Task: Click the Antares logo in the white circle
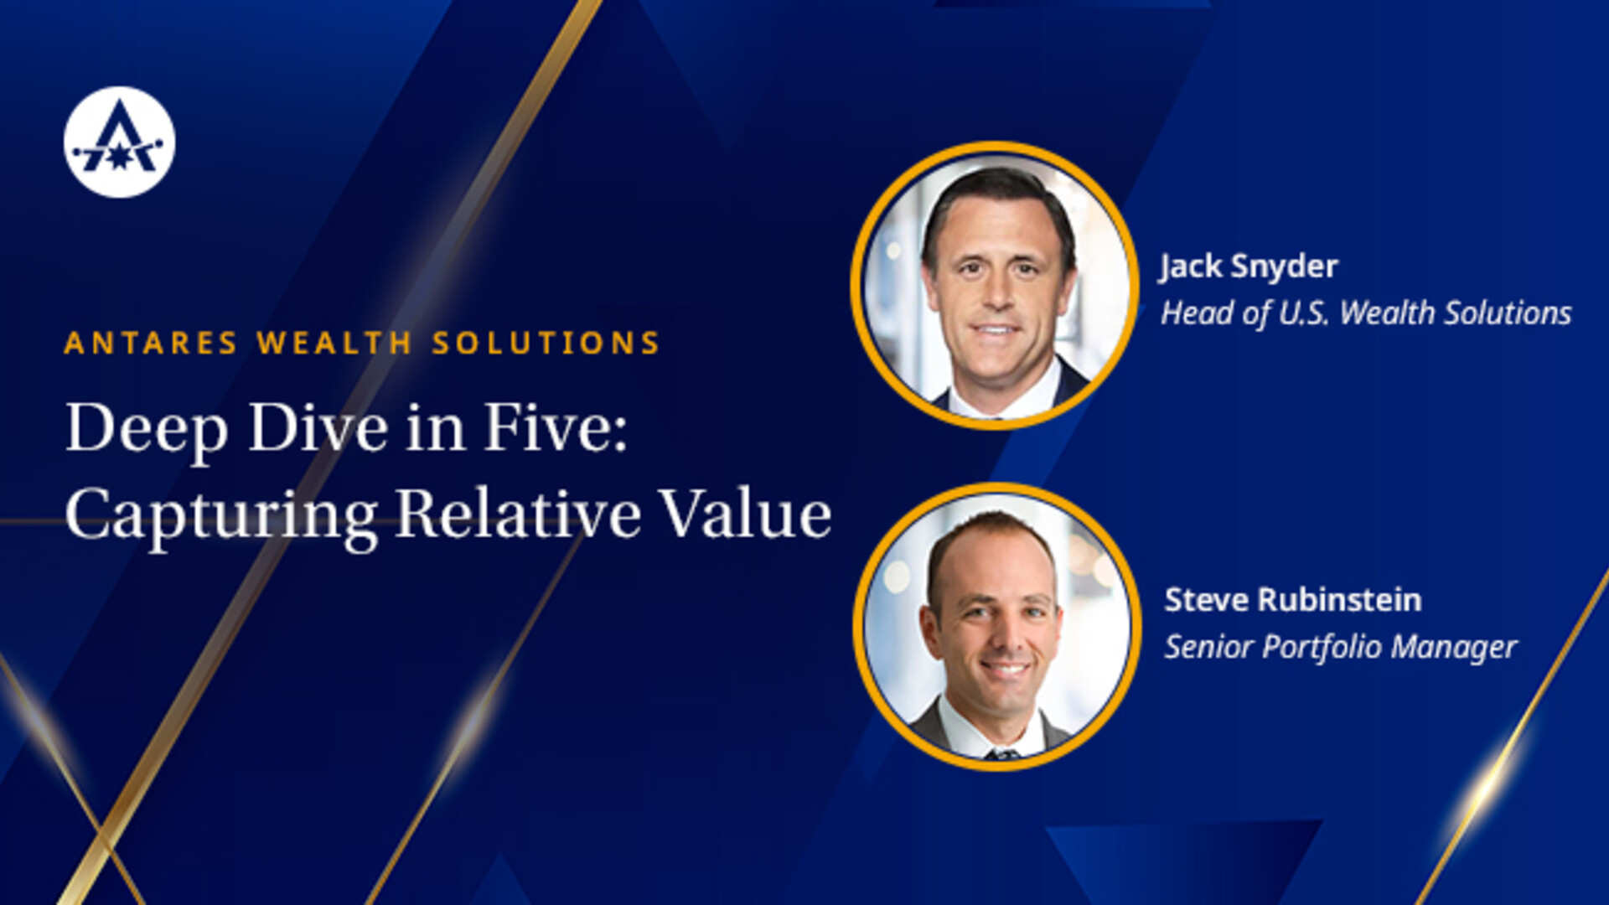[x=119, y=142]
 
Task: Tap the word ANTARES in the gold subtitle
[x=151, y=343]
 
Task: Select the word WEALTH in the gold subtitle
[x=334, y=343]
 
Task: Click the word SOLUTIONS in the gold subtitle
[x=546, y=343]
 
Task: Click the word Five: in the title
[x=556, y=427]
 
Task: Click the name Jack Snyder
[x=1249, y=267]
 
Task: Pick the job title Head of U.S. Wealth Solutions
[x=1366, y=313]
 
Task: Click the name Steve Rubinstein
[x=1293, y=600]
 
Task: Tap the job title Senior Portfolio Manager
[x=1341, y=648]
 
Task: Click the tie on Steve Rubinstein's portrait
[x=1002, y=753]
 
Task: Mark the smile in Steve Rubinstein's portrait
[x=1006, y=669]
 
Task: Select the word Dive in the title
[x=319, y=427]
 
